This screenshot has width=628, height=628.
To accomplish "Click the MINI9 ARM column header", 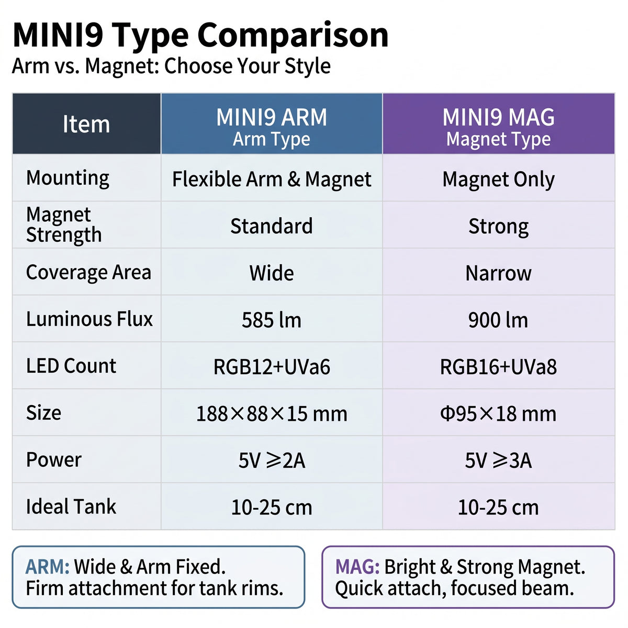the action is (x=271, y=123).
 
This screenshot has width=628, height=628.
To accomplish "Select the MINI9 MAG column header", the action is (x=498, y=123).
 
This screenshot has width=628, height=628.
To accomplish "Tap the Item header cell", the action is (x=86, y=123).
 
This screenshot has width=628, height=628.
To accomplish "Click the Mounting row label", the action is (x=68, y=178).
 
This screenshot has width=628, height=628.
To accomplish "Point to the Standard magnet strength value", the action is (x=272, y=226).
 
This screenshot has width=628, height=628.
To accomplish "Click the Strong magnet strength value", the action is (x=498, y=227).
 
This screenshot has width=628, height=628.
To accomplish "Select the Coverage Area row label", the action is (x=88, y=272).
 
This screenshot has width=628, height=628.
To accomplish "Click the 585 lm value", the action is (x=272, y=320).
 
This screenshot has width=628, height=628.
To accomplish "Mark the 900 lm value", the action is (x=498, y=320).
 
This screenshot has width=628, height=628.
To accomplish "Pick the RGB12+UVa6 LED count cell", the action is (x=272, y=367).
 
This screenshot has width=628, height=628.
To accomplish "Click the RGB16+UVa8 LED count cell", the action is (x=498, y=367).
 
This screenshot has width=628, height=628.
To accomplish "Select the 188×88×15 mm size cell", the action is (x=272, y=413).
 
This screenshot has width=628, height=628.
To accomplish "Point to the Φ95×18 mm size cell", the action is (x=498, y=413).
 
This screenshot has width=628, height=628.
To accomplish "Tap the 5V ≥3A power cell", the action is (x=498, y=461).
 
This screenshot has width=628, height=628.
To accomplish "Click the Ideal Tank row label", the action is (x=71, y=507).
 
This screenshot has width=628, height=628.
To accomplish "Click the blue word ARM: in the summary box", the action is (x=47, y=567).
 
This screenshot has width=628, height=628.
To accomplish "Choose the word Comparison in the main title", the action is (x=293, y=36).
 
